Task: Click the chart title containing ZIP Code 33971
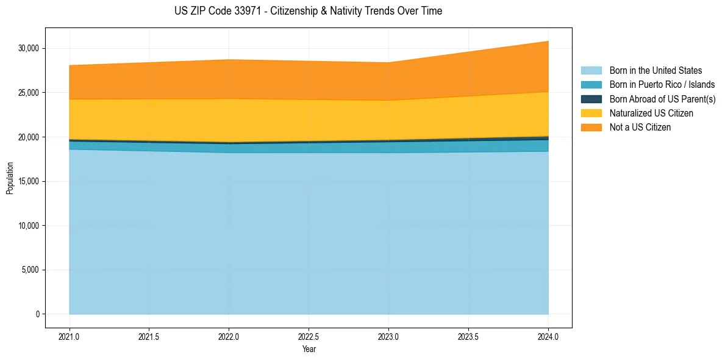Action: (x=308, y=11)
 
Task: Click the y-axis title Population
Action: (x=10, y=178)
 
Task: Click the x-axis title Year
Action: (x=309, y=349)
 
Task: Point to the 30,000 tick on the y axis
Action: (x=28, y=48)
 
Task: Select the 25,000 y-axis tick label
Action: (x=28, y=93)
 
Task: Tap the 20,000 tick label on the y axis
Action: (x=28, y=137)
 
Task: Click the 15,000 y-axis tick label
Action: (x=28, y=181)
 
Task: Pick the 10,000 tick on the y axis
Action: (x=28, y=226)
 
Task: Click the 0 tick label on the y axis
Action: (x=38, y=314)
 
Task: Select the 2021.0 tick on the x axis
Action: (x=69, y=336)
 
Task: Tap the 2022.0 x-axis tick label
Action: (x=229, y=336)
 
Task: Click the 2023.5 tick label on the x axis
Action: (x=468, y=336)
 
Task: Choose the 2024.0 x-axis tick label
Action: (x=548, y=336)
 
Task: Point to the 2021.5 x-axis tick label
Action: (x=149, y=336)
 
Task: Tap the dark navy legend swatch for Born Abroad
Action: (x=591, y=99)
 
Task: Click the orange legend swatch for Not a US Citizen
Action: (x=591, y=128)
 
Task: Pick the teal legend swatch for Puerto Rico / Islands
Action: (x=591, y=85)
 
